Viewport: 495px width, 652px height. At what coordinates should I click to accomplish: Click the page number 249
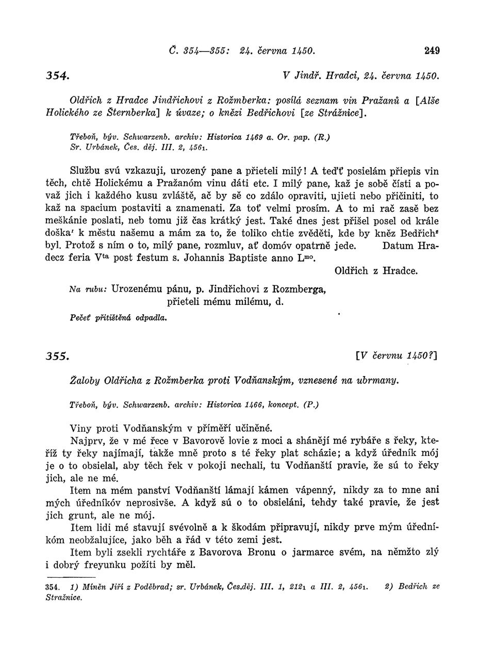coord(432,51)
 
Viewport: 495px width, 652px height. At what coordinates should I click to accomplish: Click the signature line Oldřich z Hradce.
coord(376,271)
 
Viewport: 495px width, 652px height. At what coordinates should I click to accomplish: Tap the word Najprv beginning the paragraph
coord(88,441)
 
